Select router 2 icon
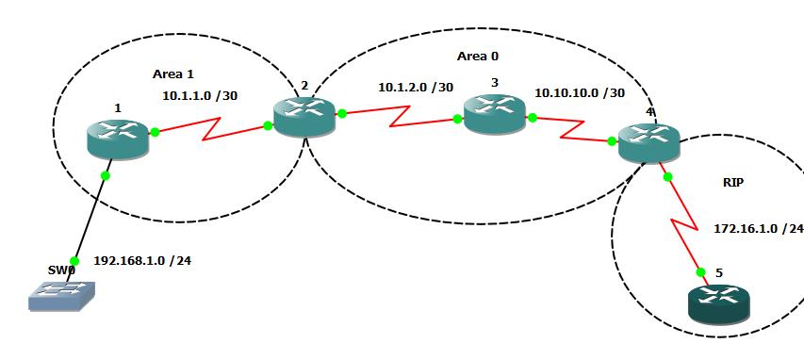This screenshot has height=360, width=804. (304, 116)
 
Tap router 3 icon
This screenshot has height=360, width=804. (493, 113)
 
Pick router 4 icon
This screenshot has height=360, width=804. (648, 141)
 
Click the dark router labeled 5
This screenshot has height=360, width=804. (718, 303)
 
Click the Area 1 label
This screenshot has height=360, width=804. (172, 73)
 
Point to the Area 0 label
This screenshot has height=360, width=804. (478, 57)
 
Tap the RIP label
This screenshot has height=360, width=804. (732, 183)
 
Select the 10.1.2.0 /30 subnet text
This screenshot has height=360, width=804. (414, 87)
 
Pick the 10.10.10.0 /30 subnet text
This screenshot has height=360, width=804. (579, 93)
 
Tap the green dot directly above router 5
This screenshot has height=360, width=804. (701, 271)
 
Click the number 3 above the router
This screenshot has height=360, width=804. (494, 83)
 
